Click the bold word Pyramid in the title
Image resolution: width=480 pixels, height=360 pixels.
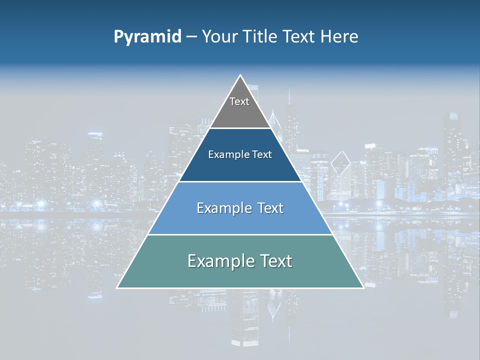click(x=147, y=36)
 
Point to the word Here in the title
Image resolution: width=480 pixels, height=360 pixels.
click(x=339, y=36)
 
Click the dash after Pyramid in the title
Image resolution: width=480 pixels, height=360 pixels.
click(x=191, y=37)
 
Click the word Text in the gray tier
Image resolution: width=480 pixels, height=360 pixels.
click(x=239, y=101)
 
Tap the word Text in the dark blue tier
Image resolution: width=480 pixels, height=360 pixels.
click(x=262, y=154)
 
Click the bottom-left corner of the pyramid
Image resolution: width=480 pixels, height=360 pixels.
click(x=117, y=287)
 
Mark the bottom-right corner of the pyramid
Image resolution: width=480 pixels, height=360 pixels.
click(x=363, y=287)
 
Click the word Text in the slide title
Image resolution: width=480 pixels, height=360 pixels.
click(x=300, y=36)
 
